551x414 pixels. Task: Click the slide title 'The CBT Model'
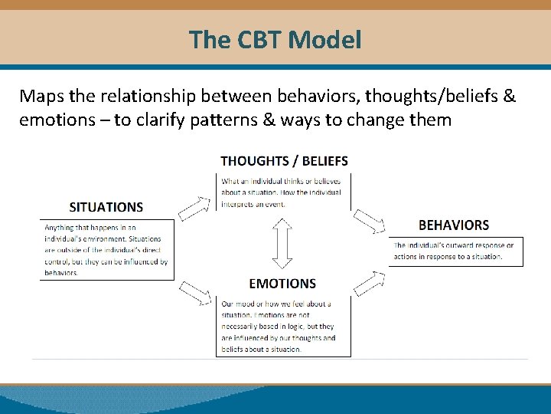pos(275,39)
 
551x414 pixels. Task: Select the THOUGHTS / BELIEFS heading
pos(284,161)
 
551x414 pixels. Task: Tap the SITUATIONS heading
pos(106,207)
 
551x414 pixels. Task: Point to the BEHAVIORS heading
pos(454,225)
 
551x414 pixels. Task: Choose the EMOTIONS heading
pos(282,284)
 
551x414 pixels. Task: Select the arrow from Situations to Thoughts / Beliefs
pos(194,207)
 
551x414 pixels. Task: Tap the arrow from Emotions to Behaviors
pos(369,282)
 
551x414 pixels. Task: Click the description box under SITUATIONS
pos(107,250)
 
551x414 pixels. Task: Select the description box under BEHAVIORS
pos(455,251)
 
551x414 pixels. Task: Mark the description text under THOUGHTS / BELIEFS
pos(282,192)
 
